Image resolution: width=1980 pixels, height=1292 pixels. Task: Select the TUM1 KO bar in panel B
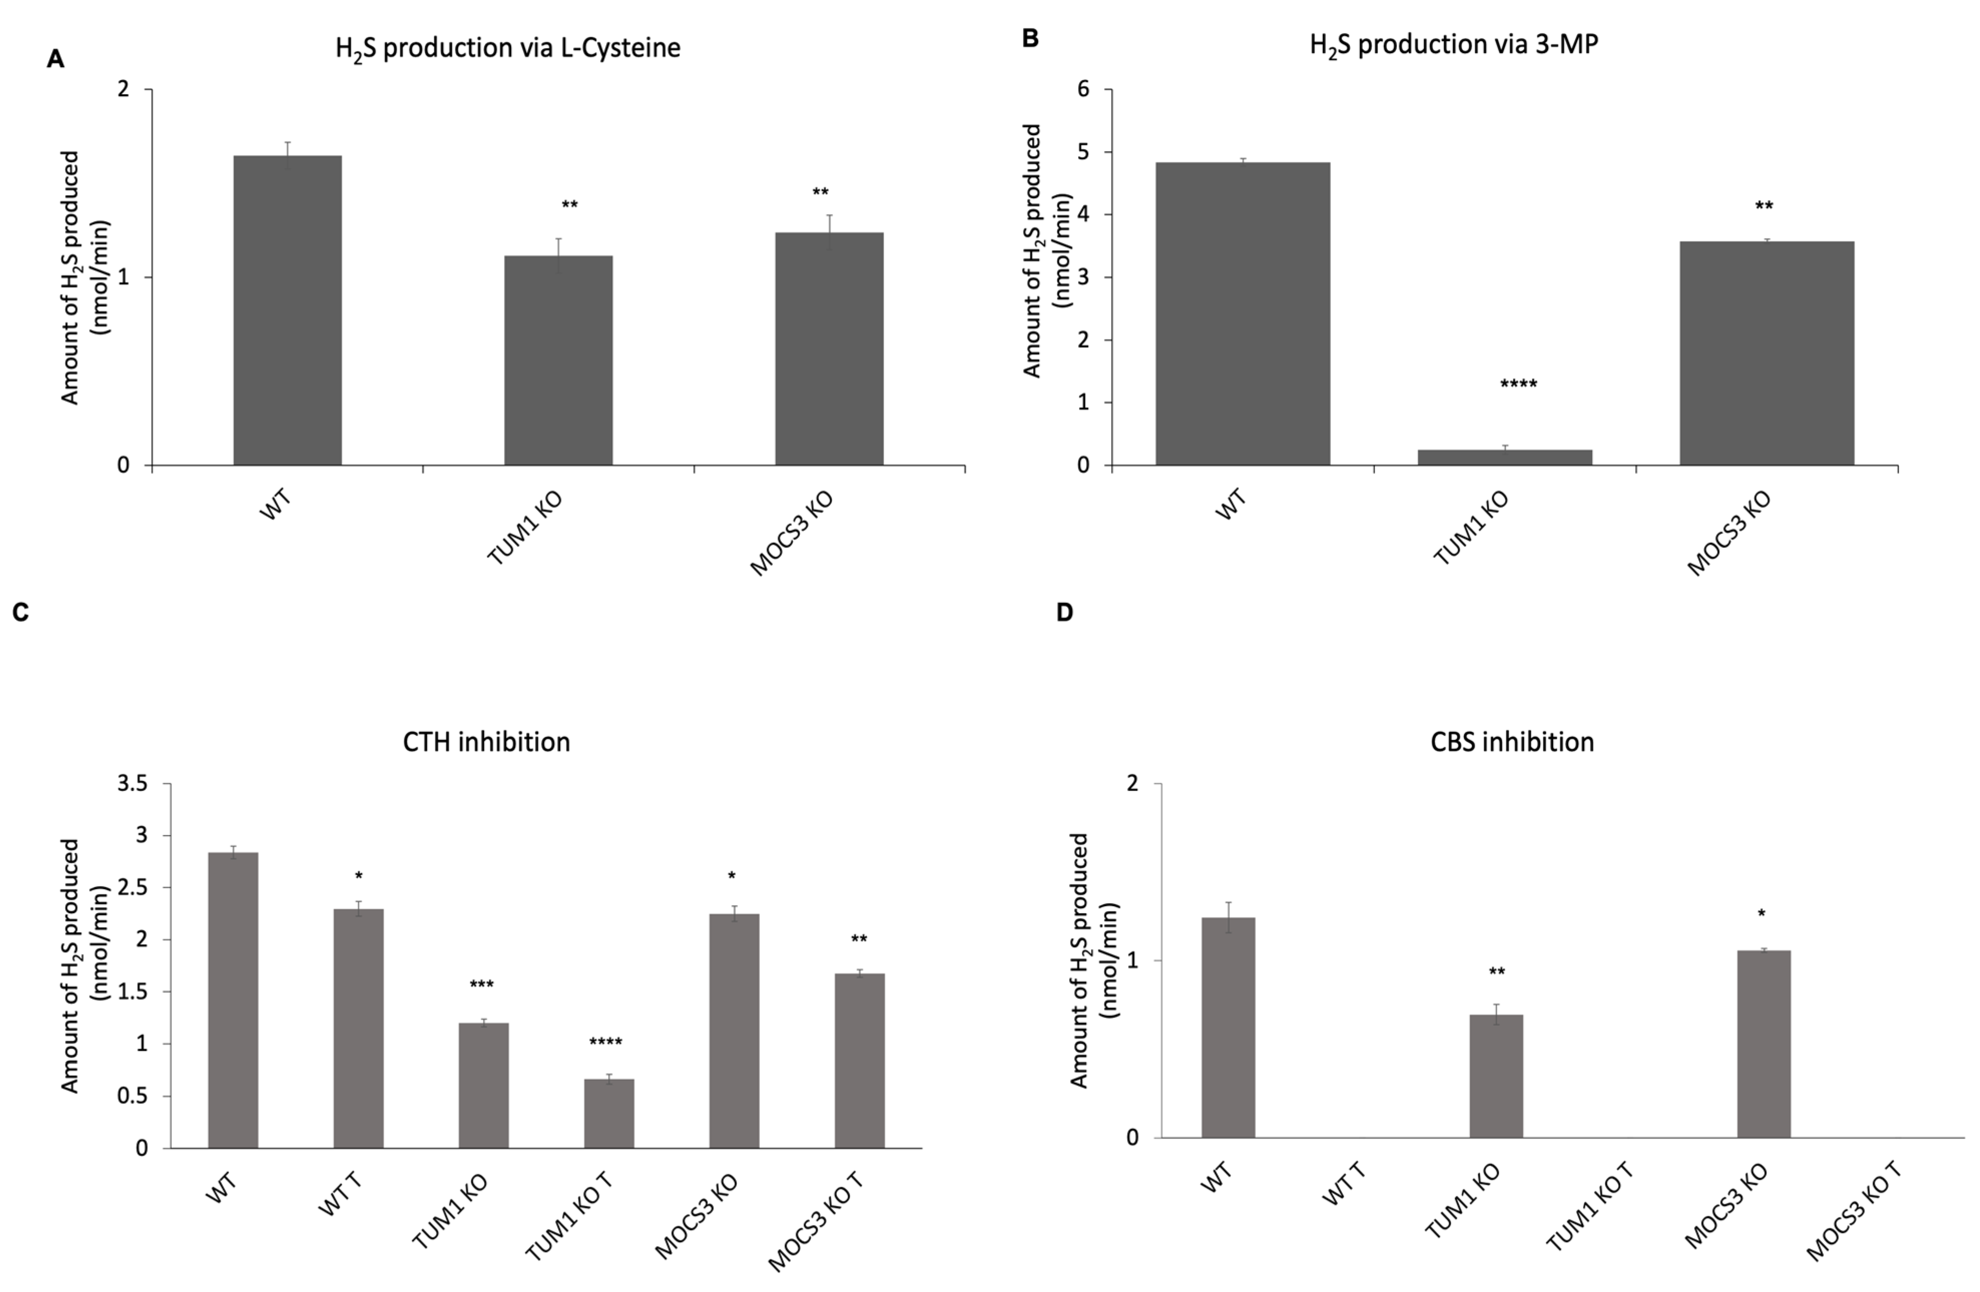(x=1504, y=457)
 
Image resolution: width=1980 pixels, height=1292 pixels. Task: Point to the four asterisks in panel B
(x=1518, y=384)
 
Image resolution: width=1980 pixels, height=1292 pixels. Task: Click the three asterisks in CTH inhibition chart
(x=482, y=985)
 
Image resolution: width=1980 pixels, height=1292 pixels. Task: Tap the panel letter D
(x=1064, y=612)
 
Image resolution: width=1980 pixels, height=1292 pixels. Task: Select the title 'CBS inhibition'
(x=1512, y=741)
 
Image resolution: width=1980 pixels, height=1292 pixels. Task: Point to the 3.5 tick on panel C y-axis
(x=133, y=784)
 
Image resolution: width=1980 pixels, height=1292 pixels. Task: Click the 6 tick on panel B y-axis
(x=1083, y=89)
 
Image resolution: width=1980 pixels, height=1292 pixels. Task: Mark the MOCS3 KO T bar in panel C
(x=860, y=1060)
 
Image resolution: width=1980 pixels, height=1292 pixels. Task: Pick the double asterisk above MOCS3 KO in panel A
(x=820, y=192)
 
